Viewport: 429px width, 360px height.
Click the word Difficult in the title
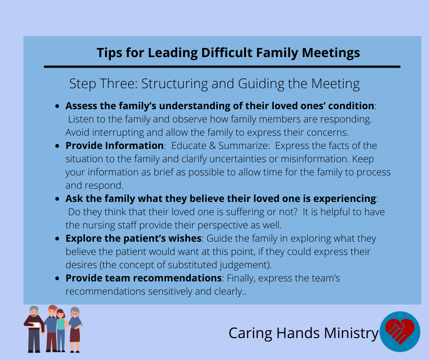coord(227,53)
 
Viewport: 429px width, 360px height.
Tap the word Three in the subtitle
coord(119,84)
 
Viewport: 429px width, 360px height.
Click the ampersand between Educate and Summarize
coord(212,146)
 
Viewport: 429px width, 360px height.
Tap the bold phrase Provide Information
coord(115,145)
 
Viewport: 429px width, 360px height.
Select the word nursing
coord(99,225)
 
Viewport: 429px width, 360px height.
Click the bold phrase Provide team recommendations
coord(144,278)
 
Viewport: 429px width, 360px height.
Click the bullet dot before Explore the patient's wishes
coord(57,239)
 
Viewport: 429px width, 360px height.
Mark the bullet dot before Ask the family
coord(57,199)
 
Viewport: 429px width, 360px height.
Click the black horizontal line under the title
coord(222,67)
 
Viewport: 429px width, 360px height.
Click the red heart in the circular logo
coord(399,331)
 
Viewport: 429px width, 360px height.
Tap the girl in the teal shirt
coord(61,330)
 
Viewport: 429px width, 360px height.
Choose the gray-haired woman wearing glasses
coord(75,329)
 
